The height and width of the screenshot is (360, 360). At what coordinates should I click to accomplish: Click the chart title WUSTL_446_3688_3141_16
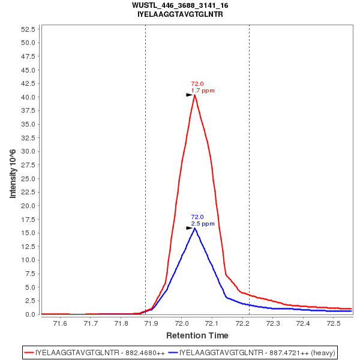coord(180,5)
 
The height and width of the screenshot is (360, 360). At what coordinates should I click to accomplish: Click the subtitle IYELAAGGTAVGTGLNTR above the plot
coord(180,14)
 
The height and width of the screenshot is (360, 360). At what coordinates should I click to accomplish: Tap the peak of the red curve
coord(194,95)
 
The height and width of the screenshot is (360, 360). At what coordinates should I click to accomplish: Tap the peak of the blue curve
coord(194,228)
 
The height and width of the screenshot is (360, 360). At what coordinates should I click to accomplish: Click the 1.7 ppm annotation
coord(203,91)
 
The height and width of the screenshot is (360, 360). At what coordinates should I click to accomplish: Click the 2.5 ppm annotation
coord(203,224)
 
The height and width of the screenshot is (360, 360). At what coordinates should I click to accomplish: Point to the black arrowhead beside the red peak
coord(189,95)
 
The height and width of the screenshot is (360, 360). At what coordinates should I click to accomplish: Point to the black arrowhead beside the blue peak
coord(189,228)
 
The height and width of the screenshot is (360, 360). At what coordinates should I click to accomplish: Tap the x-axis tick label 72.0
coord(182,324)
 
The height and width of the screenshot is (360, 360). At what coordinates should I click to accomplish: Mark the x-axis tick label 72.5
coord(334,324)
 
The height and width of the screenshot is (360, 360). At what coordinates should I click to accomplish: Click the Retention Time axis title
coord(197,335)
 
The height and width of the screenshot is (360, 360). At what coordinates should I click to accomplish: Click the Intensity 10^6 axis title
coord(13,171)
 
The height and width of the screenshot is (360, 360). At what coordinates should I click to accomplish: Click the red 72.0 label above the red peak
coord(197,84)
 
